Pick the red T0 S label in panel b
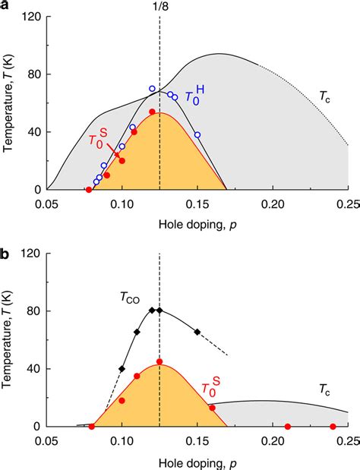[x=210, y=390]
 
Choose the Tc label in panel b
[x=324, y=390]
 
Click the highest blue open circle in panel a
[x=152, y=89]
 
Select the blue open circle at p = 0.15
[x=197, y=135]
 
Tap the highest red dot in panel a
[x=152, y=112]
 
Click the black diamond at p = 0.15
[x=197, y=332]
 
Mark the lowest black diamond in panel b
[x=122, y=369]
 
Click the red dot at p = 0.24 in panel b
[x=333, y=427]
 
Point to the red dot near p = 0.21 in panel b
[x=288, y=427]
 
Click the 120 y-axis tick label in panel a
[x=30, y=17]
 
